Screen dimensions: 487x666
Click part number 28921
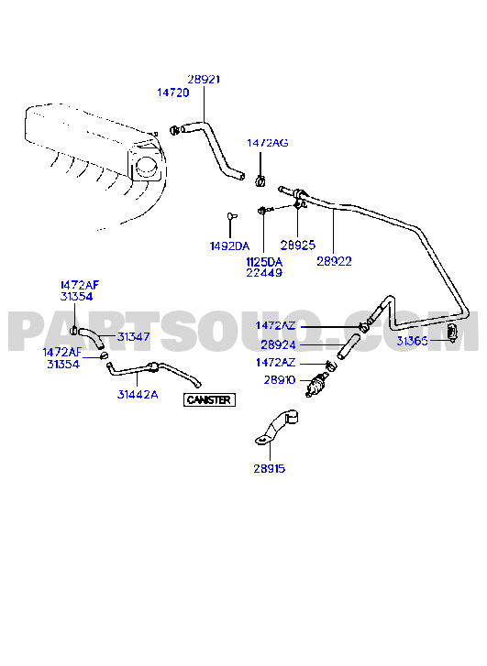click(204, 80)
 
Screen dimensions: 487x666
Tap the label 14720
click(173, 93)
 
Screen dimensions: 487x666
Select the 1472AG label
click(268, 143)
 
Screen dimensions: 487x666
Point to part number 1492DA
click(229, 246)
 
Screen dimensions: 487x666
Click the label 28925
click(298, 246)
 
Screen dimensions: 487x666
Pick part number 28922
click(335, 261)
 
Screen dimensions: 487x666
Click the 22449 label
click(264, 273)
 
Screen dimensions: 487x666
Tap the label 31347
click(134, 337)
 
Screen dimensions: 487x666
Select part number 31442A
click(138, 395)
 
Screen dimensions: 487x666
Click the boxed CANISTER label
click(209, 399)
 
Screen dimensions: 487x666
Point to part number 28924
click(278, 344)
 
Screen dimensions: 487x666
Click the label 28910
click(280, 380)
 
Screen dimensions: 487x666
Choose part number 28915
click(270, 468)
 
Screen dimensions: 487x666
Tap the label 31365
click(412, 341)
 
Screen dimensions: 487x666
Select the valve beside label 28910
click(316, 384)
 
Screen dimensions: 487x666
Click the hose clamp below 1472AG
click(260, 180)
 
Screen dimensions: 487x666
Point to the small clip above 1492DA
click(231, 216)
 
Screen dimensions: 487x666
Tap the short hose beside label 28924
click(349, 345)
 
